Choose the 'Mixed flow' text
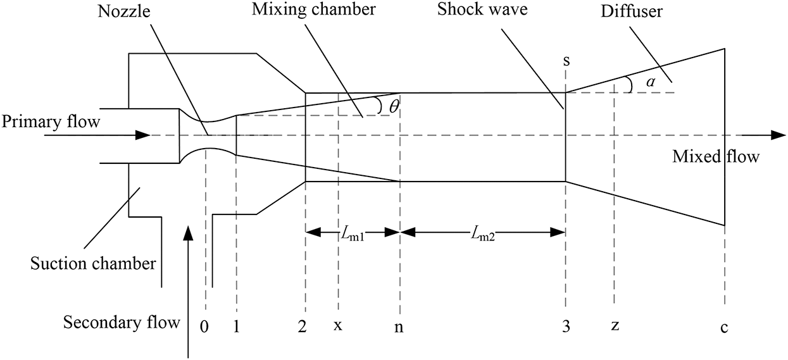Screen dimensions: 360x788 tap(715, 156)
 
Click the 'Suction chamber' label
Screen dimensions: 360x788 tap(93, 263)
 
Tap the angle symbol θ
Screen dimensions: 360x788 tap(394, 107)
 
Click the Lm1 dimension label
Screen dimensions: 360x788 tap(353, 233)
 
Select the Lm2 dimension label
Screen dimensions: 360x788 tap(482, 233)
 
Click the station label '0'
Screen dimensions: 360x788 tap(204, 326)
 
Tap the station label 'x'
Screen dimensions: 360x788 tap(338, 327)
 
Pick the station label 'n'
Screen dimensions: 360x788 tap(399, 327)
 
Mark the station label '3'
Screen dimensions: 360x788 tap(565, 326)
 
